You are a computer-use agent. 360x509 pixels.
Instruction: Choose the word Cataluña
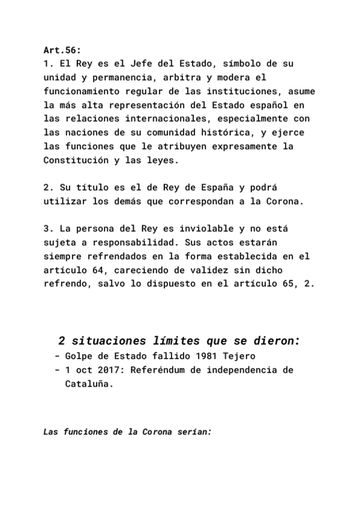coord(88,384)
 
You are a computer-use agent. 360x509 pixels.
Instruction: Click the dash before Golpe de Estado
coord(56,356)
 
